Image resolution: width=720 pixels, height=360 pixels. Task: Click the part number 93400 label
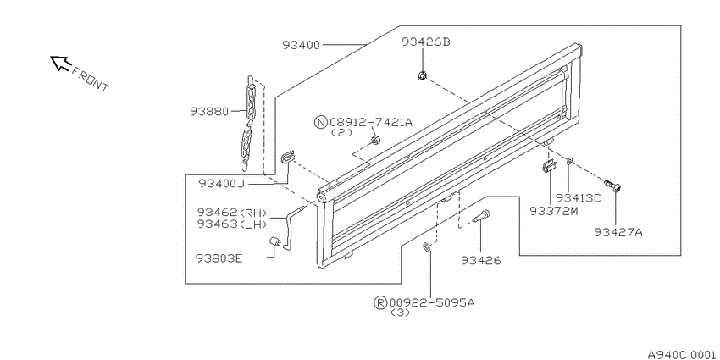[x=301, y=45]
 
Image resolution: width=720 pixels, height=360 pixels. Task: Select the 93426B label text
[x=426, y=42]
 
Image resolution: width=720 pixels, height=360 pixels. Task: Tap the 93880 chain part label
[x=209, y=111]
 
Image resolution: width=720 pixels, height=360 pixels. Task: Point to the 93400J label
[x=222, y=184]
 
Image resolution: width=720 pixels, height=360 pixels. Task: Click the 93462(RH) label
[x=232, y=213]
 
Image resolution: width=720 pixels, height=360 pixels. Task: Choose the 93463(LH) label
[x=232, y=224]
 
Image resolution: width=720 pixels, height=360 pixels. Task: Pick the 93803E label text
[x=219, y=258]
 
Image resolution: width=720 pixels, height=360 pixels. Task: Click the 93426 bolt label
[x=481, y=261]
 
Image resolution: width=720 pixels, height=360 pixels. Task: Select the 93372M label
[x=553, y=211]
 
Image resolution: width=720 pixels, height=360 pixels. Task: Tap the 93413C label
[x=579, y=198]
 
